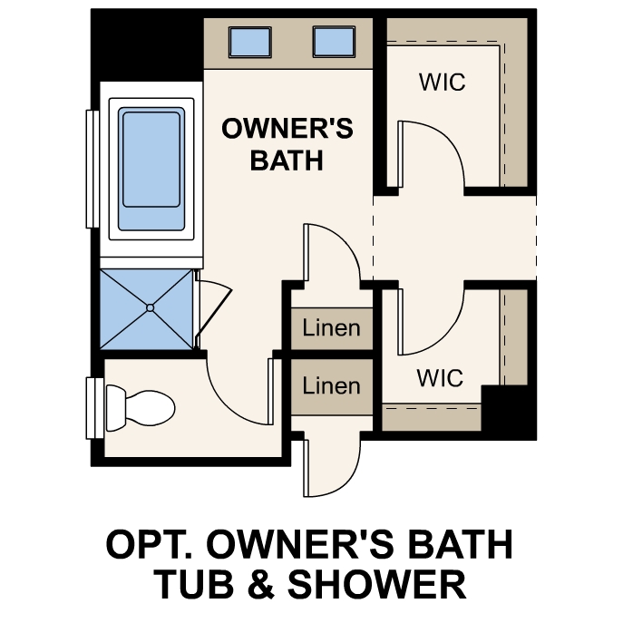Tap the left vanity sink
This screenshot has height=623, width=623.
tap(247, 41)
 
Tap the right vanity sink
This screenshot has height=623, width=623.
tap(333, 41)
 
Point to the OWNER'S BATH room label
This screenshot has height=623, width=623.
tap(287, 144)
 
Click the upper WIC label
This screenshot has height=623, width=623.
tap(442, 82)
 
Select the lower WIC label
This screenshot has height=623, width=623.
tap(440, 377)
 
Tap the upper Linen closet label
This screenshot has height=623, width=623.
tap(331, 327)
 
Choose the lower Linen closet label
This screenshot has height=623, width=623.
tap(331, 386)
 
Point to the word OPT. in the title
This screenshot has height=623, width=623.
tap(152, 544)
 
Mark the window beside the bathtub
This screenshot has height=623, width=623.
tap(92, 169)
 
